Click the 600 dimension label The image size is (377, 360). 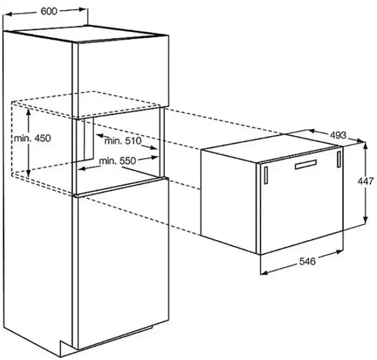49,11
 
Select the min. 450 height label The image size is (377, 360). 32,138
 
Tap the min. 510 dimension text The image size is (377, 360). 123,140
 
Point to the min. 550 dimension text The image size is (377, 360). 118,160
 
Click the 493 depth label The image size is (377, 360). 338,135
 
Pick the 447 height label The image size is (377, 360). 366,181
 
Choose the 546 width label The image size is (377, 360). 307,261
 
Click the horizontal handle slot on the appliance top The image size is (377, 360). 306,164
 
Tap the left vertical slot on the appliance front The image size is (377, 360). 266,175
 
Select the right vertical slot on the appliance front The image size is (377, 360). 339,159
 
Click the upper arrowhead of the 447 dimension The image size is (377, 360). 366,145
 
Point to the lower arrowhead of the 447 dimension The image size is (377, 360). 366,220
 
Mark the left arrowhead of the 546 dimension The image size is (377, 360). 264,273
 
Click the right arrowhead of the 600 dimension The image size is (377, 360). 84,10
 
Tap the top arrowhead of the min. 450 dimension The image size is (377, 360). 29,112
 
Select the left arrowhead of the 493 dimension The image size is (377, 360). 312,131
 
